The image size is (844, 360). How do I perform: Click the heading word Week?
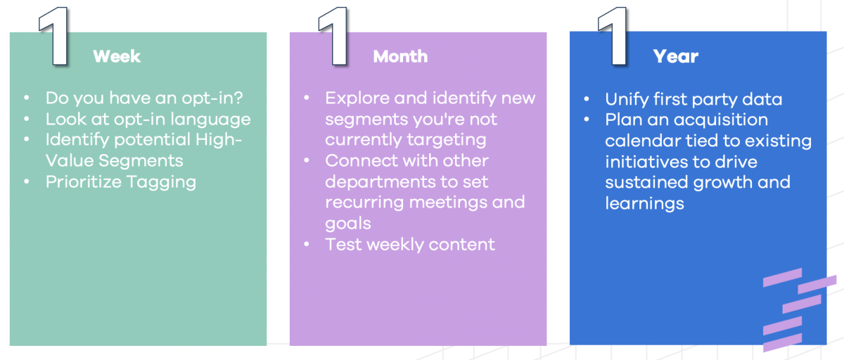point(117,56)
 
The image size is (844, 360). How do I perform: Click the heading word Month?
point(400,56)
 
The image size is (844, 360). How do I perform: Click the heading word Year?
point(675,56)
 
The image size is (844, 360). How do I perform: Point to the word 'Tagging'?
point(162,182)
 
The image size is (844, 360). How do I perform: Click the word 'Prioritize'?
point(84,182)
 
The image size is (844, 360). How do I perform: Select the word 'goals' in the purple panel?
point(347,224)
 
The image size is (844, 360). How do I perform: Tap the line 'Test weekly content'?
point(410,245)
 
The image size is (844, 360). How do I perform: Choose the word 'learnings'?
point(644,203)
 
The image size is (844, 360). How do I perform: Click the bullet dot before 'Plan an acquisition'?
point(587,120)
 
